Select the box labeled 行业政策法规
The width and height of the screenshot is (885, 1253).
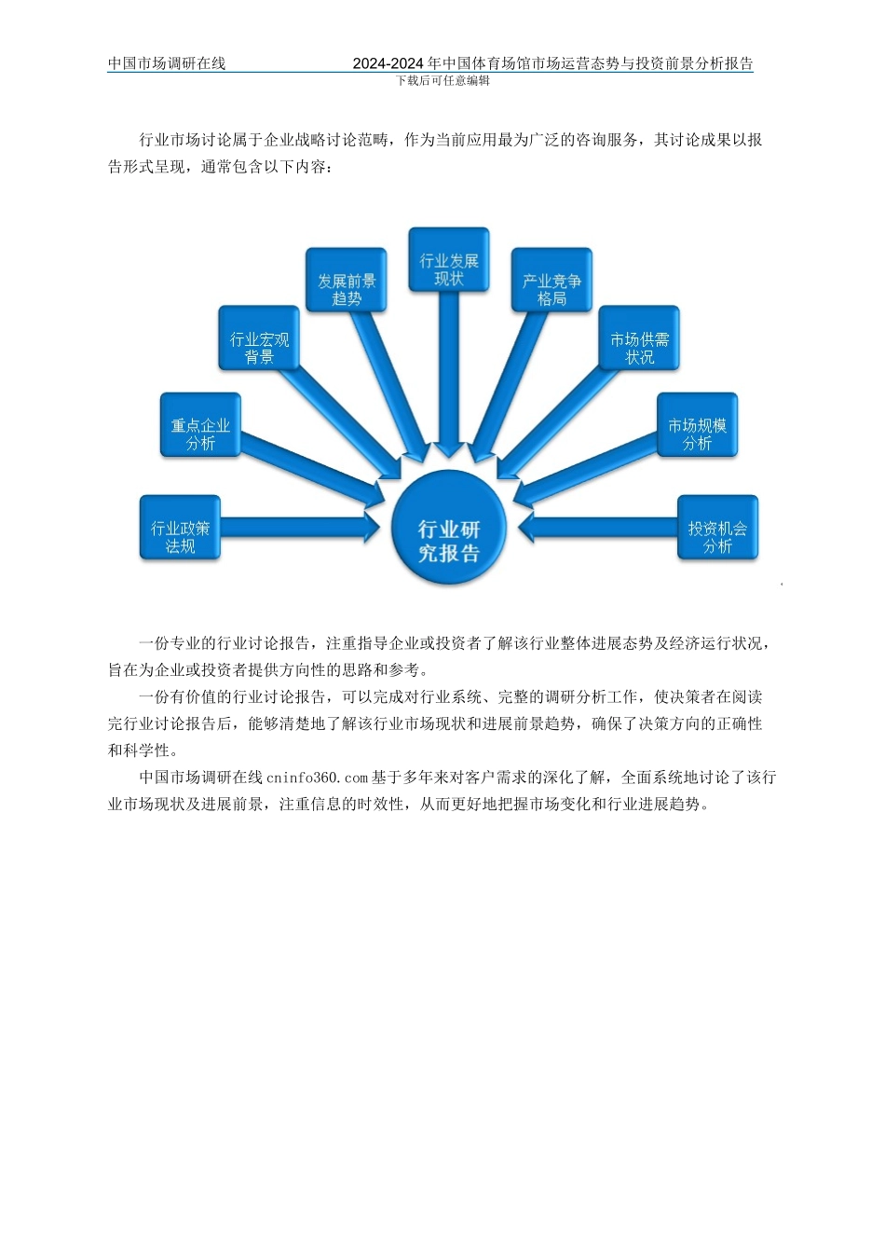[180, 528]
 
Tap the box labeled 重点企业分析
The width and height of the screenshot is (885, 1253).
[200, 425]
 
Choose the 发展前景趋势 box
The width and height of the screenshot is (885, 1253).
[346, 280]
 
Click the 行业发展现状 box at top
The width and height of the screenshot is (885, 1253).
[448, 260]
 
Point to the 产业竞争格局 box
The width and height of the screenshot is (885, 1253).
[551, 280]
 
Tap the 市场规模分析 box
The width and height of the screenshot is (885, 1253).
[696, 425]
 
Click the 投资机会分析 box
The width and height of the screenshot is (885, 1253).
[717, 528]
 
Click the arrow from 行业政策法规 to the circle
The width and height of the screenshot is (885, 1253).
[298, 528]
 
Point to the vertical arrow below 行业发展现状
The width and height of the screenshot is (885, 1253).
[448, 373]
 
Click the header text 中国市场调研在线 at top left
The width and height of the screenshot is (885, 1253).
[167, 63]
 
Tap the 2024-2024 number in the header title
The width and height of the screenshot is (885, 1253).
[388, 63]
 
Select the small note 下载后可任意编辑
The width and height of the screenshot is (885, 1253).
[442, 80]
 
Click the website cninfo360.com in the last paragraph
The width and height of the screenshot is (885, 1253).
[317, 778]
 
